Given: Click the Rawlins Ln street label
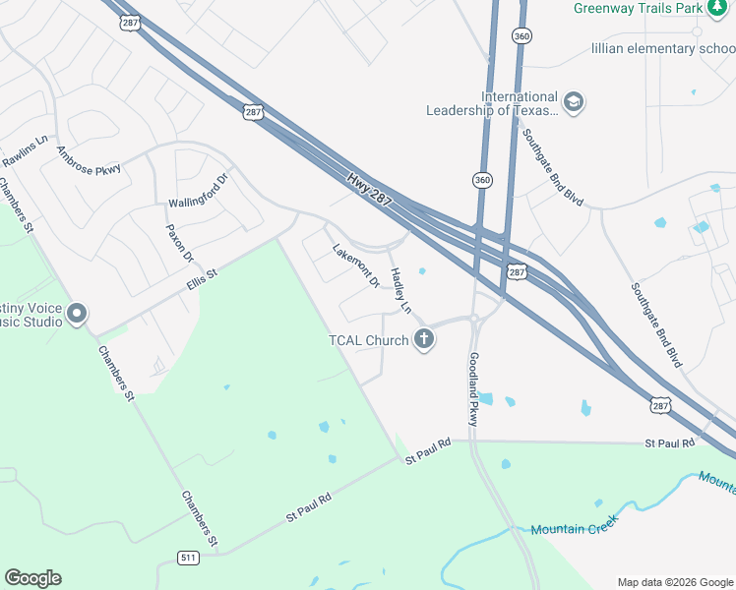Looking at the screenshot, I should point(24,150).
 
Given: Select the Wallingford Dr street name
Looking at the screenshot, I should point(198,191).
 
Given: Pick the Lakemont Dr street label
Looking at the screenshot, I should point(356,265).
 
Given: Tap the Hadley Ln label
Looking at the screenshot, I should point(401,291).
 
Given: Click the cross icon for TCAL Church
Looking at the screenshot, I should point(425,340).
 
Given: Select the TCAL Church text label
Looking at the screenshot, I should point(368,341).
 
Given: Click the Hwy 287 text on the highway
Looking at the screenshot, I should point(370,190).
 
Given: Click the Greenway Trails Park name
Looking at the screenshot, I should point(638,8).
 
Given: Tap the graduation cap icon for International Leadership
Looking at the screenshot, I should point(573,102).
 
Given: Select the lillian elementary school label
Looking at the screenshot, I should point(662,48).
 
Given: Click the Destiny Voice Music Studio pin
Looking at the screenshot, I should point(77,315).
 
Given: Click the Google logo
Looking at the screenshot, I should point(32,578).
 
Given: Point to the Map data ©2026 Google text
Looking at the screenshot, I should point(674,582).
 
